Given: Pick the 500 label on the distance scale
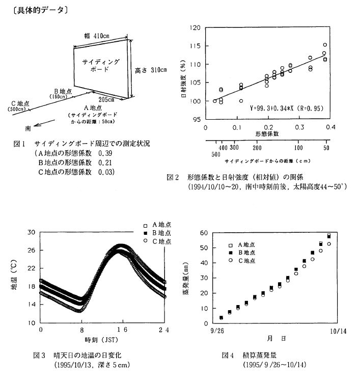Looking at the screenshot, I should point(216,153).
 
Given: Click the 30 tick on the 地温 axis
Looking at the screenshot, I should point(31,232).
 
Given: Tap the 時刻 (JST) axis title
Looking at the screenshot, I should point(102,339).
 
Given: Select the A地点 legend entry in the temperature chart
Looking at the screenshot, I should point(160,224).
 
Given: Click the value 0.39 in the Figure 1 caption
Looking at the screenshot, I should point(105,153).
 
